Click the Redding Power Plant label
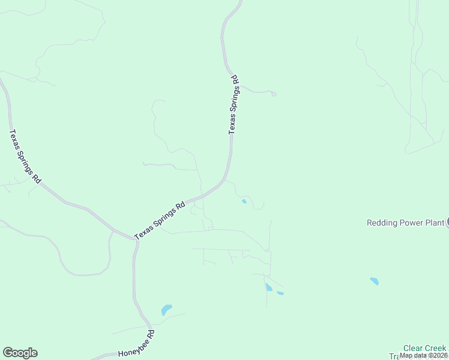(405, 223)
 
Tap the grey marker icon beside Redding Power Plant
(447, 223)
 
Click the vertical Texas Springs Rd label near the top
(234, 104)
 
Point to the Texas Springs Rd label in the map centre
(160, 220)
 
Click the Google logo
(20, 353)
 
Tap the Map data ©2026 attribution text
(423, 355)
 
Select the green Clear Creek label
(424, 348)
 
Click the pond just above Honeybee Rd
(166, 310)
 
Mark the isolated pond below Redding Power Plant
(375, 281)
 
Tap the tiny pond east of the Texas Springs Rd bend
(244, 201)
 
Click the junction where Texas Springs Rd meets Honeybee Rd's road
(134, 239)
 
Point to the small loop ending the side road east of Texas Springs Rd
(274, 94)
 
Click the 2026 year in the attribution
(439, 355)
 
